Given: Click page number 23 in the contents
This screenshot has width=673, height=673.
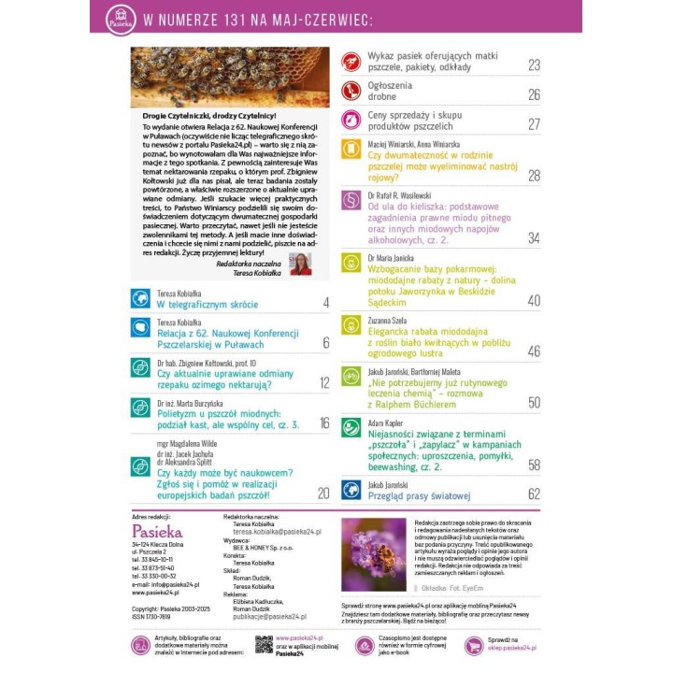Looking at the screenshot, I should (x=534, y=64).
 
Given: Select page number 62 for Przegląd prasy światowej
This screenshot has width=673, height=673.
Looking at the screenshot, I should (x=534, y=494).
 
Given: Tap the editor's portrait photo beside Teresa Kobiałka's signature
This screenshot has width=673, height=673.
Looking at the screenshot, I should (x=301, y=264).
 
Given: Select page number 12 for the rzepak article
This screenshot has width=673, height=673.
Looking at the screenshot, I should (x=323, y=382).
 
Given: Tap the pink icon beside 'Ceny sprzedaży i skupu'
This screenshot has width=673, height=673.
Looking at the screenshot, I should (x=351, y=120).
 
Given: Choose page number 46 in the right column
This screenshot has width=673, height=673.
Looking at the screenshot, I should (x=534, y=351).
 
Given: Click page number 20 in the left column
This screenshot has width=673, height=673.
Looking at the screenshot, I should (x=323, y=494).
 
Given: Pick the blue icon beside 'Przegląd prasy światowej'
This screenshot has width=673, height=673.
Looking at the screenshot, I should (x=351, y=488).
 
